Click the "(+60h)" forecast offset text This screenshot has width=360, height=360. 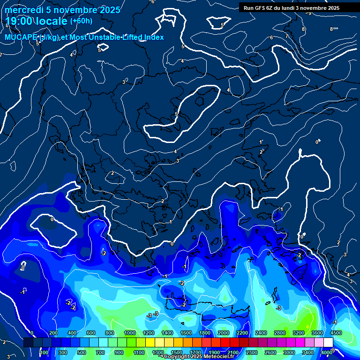[x=81, y=21]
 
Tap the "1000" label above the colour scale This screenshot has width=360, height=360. [x=130, y=333]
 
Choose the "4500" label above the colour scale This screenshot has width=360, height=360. [x=336, y=333]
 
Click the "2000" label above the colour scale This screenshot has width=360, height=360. [x=224, y=333]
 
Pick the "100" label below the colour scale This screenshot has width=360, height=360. [x=44, y=352]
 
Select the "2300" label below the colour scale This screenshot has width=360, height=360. [x=251, y=352]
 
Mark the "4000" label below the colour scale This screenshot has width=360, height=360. [x=327, y=352]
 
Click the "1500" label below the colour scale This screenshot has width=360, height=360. [x=176, y=352]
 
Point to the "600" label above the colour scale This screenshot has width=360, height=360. [x=91, y=333]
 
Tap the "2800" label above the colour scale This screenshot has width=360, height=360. [x=280, y=333]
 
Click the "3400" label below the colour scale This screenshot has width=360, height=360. [x=308, y=352]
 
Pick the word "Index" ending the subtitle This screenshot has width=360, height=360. [x=154, y=37]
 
